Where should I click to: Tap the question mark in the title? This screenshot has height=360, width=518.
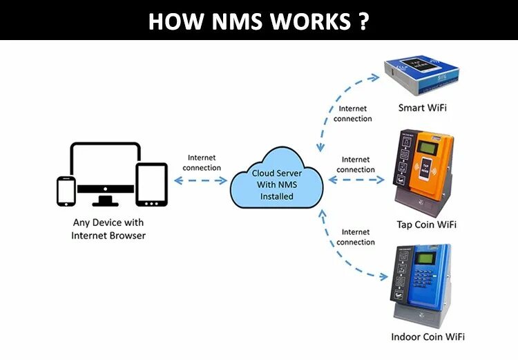click(363, 21)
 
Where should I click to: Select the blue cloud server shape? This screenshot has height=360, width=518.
click(277, 181)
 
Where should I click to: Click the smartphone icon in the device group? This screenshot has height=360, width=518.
click(66, 191)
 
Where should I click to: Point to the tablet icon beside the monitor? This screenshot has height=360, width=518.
click(151, 184)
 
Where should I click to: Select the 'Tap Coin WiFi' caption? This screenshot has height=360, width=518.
click(426, 224)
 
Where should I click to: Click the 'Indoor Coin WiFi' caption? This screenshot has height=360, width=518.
click(428, 337)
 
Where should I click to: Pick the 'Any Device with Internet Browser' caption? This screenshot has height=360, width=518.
click(108, 229)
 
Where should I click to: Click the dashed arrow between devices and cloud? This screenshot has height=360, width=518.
click(200, 180)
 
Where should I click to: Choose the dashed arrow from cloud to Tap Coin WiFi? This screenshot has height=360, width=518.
click(356, 180)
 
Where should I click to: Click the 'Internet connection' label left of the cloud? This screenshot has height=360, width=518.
click(202, 162)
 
